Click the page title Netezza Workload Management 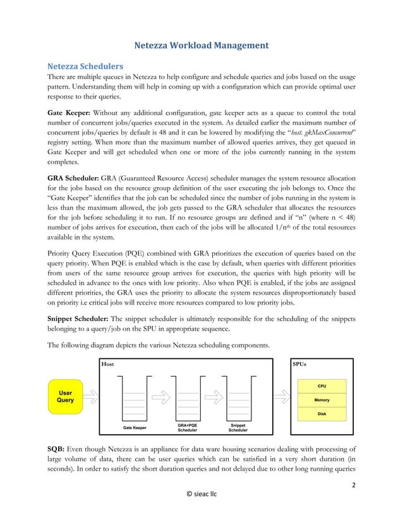201,45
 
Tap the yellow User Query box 65,396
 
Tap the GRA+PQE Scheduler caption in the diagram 188,428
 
